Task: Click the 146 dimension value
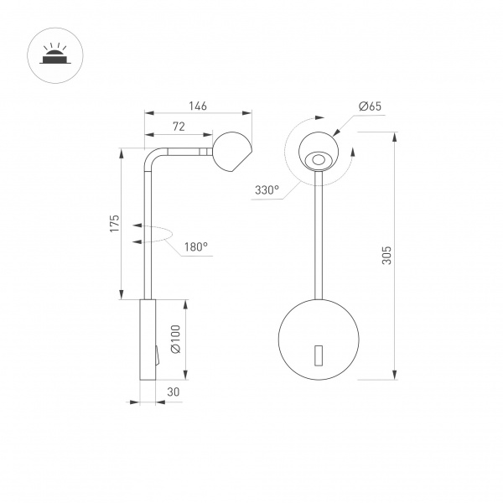click(197, 106)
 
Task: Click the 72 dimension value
click(178, 127)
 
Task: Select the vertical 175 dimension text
click(115, 223)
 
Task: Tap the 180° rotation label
click(195, 247)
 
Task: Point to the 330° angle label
click(267, 190)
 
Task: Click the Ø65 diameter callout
click(370, 106)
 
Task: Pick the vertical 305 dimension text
click(386, 256)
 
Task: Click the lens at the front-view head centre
click(318, 159)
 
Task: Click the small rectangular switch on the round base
click(318, 355)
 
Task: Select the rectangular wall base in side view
click(147, 340)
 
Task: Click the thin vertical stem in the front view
click(318, 235)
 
